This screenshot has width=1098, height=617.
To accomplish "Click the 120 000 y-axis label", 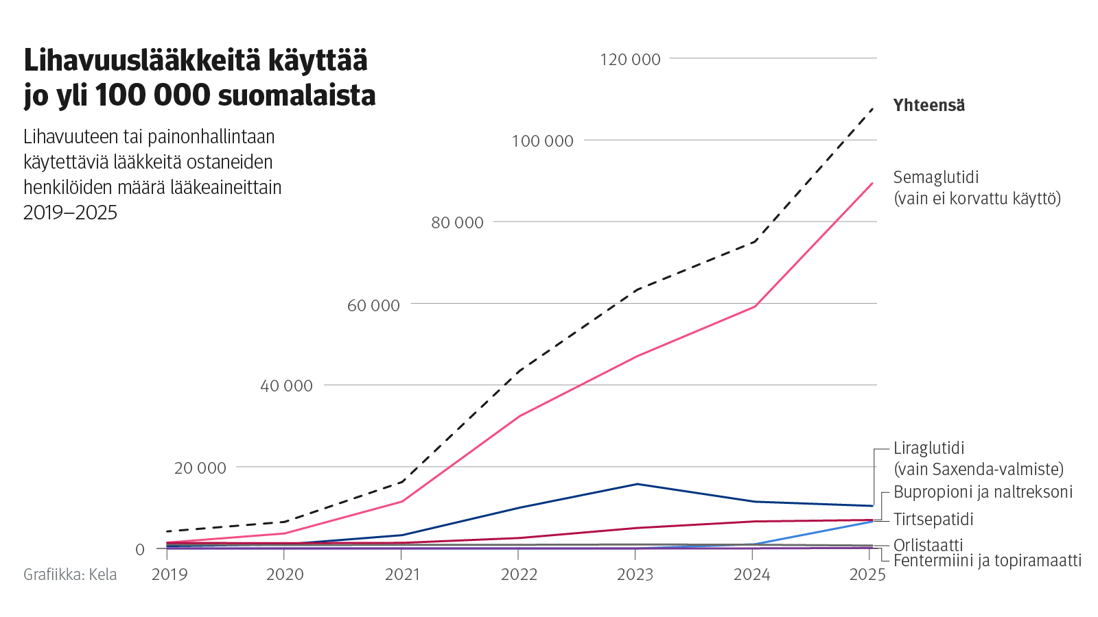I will (630, 60).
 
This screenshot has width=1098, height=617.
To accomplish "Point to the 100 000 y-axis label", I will (542, 141).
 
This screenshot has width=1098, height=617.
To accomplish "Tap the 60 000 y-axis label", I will (373, 305).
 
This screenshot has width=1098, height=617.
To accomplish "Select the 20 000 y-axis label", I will (200, 468).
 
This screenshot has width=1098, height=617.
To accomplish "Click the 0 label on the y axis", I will (140, 549).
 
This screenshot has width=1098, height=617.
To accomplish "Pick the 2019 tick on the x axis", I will (170, 574).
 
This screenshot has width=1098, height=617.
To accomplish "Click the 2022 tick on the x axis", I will (519, 574).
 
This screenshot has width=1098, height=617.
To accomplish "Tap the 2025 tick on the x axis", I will (867, 574).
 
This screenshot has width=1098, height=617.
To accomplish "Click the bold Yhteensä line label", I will (928, 106).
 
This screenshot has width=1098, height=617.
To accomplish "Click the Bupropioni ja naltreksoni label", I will (983, 492).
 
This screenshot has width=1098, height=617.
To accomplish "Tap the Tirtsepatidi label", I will (933, 520).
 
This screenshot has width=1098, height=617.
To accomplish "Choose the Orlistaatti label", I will (928, 545).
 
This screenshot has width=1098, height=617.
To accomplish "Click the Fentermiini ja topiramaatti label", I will (987, 561).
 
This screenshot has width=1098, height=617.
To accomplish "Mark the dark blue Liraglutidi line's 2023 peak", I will (638, 484).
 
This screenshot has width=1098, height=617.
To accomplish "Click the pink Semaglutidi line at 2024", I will (755, 306).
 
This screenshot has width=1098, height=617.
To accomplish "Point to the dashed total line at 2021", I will (403, 481).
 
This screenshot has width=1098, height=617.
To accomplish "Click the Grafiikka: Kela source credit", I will (70, 574).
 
